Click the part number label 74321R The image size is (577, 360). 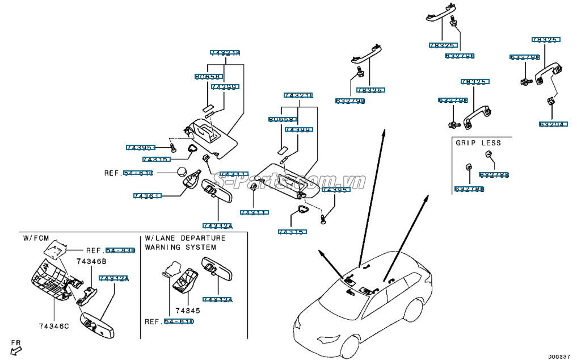tap(225, 53)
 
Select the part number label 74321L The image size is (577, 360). tap(298, 95)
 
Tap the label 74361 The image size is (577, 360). tap(147, 196)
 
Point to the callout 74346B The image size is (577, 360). tap(91, 261)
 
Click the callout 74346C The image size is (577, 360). tap(53, 326)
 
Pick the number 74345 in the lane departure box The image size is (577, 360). tap(188, 311)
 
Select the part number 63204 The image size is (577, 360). tap(552, 124)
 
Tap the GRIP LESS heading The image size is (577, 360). tap(478, 143)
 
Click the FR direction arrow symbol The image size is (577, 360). tap(15, 348)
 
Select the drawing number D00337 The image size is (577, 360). tap(559, 355)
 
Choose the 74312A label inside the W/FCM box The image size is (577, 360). tap(113, 278)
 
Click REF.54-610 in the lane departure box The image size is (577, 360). tap(169, 321)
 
